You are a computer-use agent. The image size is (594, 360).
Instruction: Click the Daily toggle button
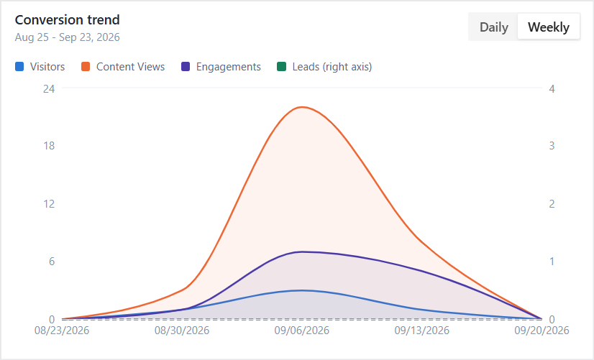pos(493,27)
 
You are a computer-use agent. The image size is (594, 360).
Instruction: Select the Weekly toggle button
pos(549,27)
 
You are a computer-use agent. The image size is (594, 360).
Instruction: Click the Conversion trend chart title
pos(67,19)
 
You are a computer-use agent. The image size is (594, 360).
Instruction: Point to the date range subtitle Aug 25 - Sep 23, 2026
pos(67,37)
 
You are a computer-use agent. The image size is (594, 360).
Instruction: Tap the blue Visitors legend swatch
pos(19,67)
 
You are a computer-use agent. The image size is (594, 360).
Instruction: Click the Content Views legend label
pos(130,67)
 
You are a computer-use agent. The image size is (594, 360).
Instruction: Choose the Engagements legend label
pos(229,67)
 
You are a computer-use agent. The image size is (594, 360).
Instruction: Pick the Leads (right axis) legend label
pos(332,67)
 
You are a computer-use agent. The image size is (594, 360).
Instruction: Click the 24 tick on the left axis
pos(49,88)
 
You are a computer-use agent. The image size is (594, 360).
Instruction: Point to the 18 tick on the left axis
pos(49,146)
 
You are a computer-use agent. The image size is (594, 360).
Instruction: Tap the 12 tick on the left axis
pos(49,204)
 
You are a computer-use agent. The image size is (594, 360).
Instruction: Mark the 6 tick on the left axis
pos(52,262)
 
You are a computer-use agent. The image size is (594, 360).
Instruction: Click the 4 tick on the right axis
pos(552,88)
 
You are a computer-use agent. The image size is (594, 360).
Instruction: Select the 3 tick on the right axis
pos(552,146)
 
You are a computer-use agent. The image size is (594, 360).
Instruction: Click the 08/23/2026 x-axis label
pos(62,331)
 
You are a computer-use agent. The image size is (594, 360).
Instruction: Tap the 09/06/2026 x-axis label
pos(302,331)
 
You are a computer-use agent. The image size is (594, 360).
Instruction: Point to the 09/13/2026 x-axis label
pos(421,331)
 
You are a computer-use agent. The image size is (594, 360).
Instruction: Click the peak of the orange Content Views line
pos(302,107)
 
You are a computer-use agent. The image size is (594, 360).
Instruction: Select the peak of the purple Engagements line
pos(302,251)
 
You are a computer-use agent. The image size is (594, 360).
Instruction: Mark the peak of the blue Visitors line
pos(302,290)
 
